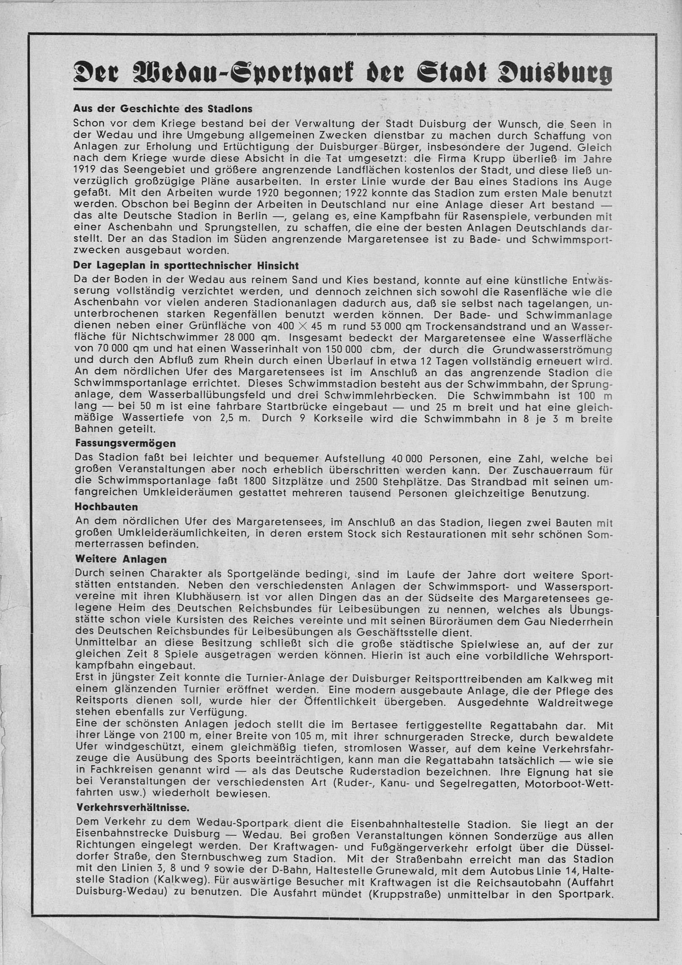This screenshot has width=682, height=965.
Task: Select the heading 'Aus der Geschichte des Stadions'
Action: (162, 109)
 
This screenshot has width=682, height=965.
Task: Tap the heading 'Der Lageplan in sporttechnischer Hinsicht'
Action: (186, 266)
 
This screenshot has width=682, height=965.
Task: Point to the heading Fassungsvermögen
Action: (125, 444)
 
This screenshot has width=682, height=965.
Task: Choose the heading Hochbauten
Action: (106, 506)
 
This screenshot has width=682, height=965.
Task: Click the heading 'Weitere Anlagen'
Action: (121, 559)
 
